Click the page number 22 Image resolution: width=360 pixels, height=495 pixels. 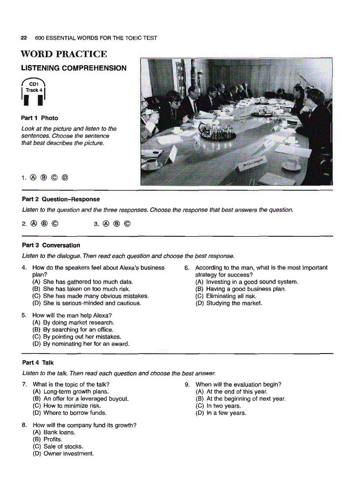24,38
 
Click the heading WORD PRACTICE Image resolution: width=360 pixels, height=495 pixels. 64,54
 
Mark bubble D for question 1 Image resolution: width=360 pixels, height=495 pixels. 64,178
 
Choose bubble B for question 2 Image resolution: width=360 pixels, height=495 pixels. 44,223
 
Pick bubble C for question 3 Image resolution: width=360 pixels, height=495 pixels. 127,223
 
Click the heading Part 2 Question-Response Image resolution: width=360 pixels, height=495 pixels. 61,199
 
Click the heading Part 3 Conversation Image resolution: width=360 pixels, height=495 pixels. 51,245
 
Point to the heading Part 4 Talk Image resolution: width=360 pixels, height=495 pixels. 37,363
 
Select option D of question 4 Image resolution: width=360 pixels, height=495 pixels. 86,303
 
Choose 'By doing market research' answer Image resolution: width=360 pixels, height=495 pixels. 73,322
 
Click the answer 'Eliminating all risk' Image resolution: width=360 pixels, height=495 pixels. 225,296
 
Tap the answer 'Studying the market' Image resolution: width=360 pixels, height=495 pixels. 229,303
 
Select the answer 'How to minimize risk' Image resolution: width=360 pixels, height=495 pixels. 67,406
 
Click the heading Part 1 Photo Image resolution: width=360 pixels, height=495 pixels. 39,118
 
